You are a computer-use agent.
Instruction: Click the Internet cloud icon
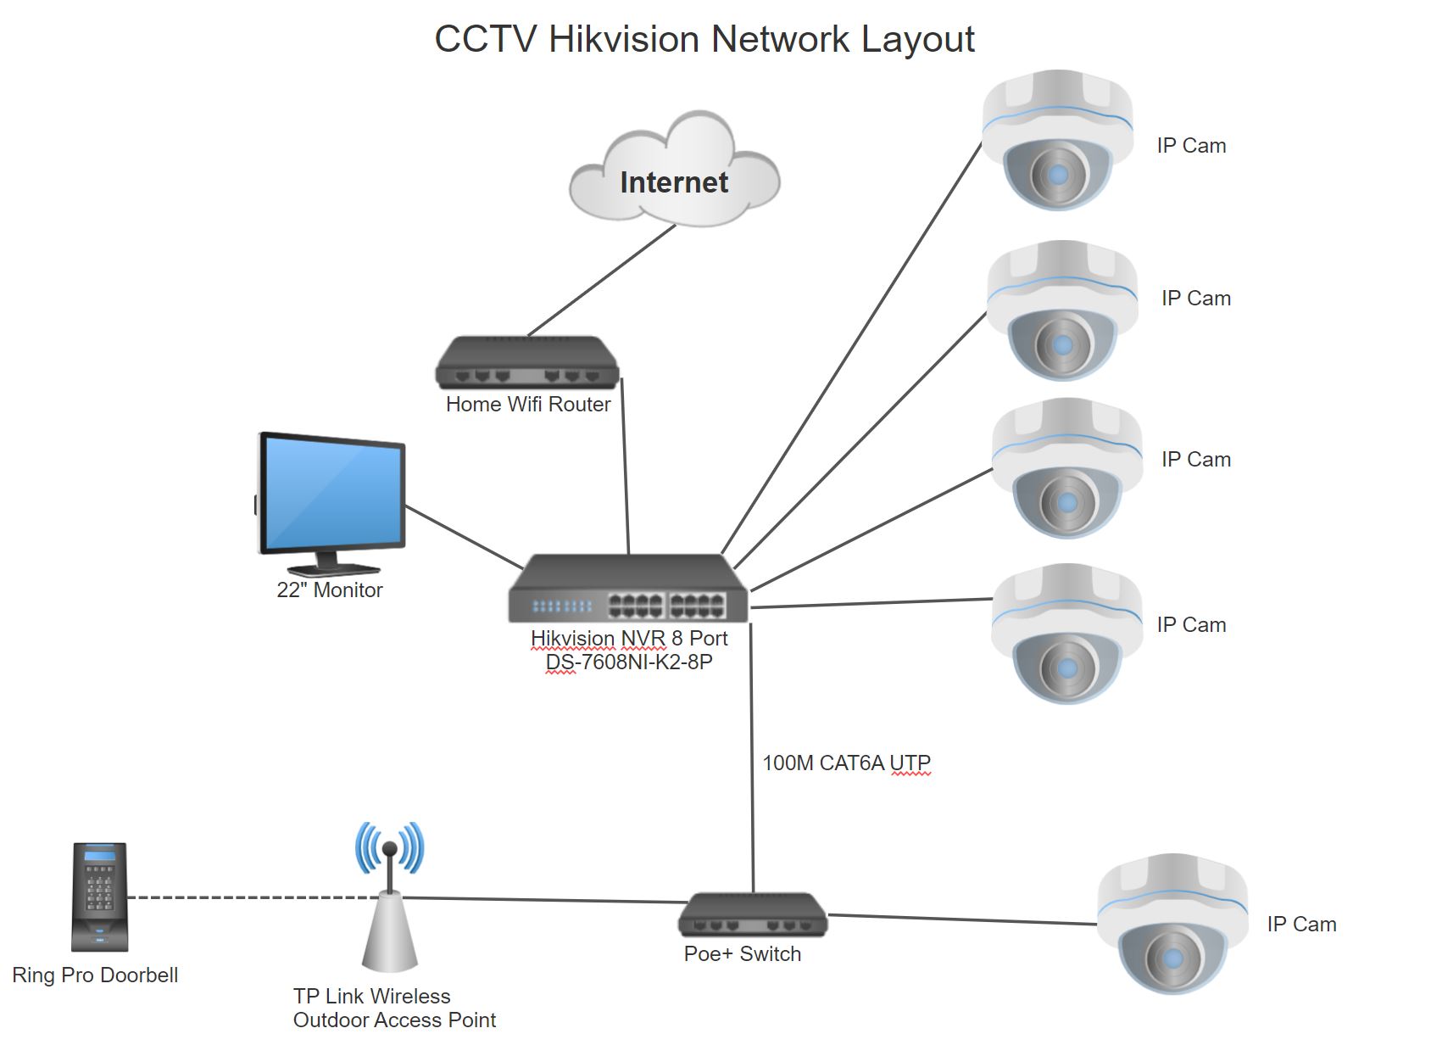(x=674, y=174)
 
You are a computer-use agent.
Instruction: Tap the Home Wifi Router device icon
(x=527, y=365)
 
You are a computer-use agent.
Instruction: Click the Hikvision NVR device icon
(x=628, y=590)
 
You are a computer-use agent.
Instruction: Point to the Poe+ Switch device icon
(x=752, y=916)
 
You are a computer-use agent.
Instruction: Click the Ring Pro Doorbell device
(x=100, y=897)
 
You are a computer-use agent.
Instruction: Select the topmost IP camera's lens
(x=1058, y=175)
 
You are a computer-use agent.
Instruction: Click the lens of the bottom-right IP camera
(x=1172, y=958)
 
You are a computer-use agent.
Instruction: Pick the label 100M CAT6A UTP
(x=846, y=763)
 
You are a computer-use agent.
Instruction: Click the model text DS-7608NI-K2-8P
(x=629, y=662)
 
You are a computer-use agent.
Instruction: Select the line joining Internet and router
(x=602, y=281)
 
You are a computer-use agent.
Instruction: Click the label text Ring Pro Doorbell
(x=95, y=975)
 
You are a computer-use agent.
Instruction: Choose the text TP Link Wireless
(x=371, y=996)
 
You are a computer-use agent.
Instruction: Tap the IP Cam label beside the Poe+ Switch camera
(x=1301, y=925)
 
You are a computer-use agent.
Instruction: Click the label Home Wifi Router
(x=527, y=405)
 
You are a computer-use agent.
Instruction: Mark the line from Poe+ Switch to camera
(x=962, y=919)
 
